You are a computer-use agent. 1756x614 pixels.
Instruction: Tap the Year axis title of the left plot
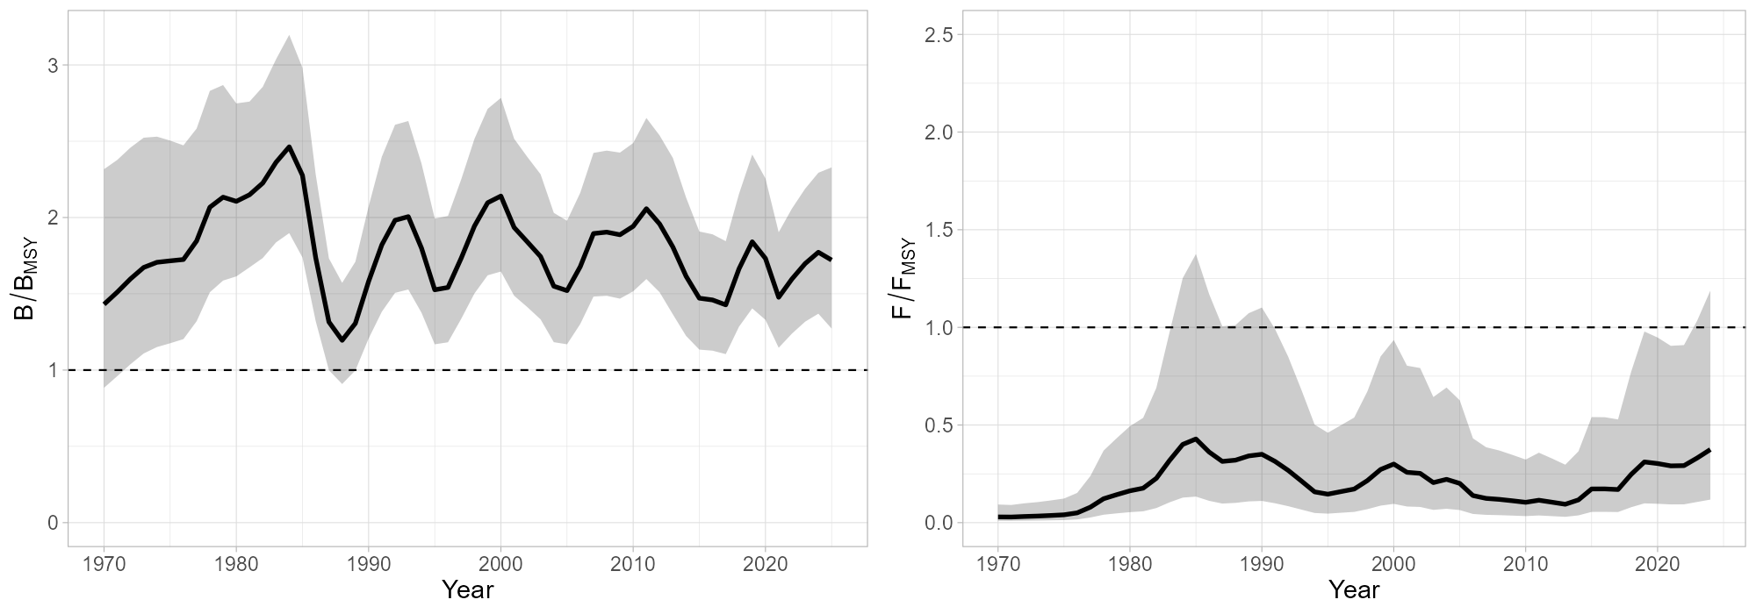point(467,589)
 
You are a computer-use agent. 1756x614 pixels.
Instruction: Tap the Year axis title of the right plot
point(1354,589)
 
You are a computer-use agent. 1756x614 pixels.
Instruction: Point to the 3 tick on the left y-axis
point(53,66)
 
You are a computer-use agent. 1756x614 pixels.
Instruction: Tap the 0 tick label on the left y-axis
point(53,523)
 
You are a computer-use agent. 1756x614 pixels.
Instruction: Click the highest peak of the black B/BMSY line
point(290,146)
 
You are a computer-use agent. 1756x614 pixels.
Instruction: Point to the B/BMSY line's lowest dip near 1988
point(342,340)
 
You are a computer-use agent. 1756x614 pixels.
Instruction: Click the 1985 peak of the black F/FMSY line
point(1196,439)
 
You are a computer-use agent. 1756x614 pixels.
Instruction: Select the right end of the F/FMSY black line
point(1710,450)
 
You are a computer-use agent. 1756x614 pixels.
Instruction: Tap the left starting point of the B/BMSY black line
point(104,303)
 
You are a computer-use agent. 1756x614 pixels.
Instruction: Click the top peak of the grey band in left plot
point(290,36)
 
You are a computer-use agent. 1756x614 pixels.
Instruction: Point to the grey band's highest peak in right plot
point(1196,254)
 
